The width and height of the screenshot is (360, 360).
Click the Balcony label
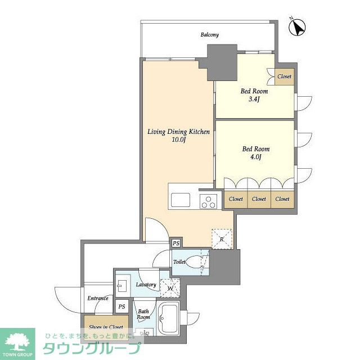(209, 35)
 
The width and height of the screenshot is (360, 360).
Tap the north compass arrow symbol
(297, 27)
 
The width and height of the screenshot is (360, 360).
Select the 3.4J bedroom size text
(254, 100)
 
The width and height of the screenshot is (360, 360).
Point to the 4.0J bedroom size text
(255, 157)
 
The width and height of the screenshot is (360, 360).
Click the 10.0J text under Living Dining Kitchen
(178, 140)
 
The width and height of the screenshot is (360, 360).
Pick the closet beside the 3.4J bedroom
(285, 76)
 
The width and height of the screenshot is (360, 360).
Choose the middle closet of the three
(259, 199)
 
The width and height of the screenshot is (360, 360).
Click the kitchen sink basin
(181, 200)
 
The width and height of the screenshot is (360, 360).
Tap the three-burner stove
(209, 201)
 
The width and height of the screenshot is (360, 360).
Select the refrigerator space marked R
(222, 239)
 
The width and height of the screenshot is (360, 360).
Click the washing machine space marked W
(170, 288)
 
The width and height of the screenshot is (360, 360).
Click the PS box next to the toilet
(176, 243)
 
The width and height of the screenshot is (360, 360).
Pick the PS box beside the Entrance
(121, 307)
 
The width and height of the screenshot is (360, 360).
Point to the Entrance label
(98, 298)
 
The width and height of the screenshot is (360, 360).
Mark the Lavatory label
(146, 285)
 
